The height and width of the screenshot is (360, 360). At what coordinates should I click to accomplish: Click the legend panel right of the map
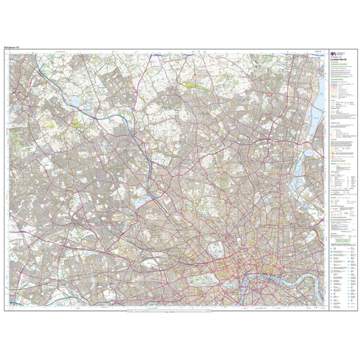click(x=340, y=177)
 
